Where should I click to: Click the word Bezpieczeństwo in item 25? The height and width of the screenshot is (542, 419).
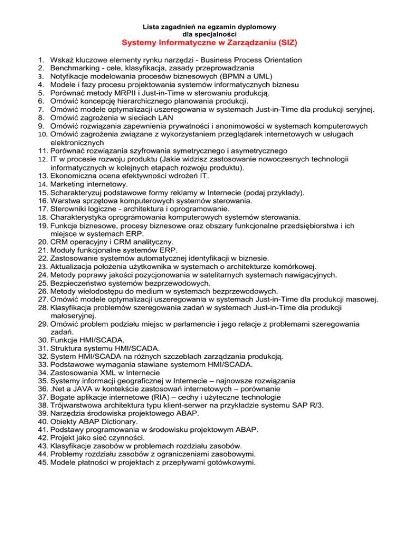click(80, 284)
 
